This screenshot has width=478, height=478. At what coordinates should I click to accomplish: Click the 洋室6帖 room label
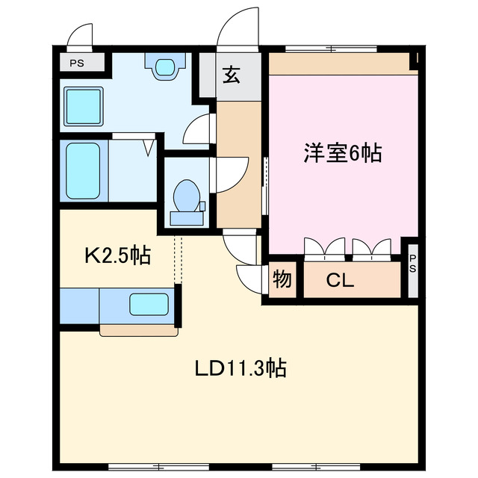point(342,154)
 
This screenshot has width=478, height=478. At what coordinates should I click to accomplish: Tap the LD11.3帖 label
point(240,368)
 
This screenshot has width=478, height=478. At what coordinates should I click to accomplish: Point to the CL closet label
point(340,282)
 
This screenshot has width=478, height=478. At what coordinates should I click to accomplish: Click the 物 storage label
point(282,280)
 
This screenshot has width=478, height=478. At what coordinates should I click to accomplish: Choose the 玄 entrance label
point(231,75)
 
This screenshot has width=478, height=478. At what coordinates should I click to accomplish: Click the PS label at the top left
point(77,63)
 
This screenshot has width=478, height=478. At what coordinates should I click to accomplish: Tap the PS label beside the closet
point(413,263)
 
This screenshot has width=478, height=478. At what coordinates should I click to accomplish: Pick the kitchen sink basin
point(149,304)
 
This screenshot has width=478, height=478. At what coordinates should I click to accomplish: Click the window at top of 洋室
point(332,50)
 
